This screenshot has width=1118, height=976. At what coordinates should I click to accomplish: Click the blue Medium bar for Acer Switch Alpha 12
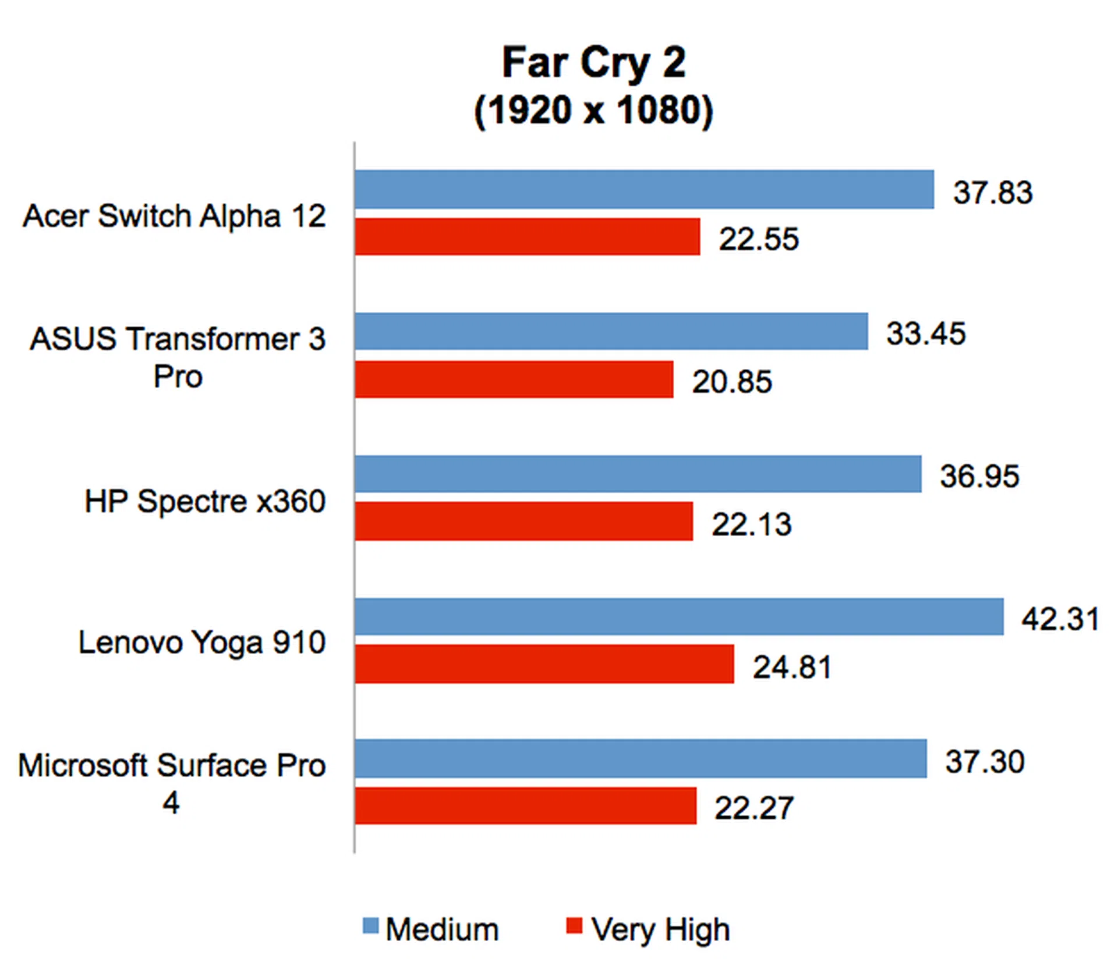[644, 189]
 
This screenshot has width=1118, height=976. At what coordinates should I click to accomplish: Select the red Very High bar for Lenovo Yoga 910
[544, 663]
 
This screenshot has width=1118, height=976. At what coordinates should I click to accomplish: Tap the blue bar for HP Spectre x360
[638, 474]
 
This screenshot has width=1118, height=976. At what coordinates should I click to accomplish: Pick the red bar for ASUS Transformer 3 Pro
[514, 379]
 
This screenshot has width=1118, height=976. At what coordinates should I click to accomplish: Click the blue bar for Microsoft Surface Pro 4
[641, 758]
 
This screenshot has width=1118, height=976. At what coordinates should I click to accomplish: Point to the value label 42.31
[1060, 618]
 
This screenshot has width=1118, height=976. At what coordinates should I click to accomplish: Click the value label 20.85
[732, 382]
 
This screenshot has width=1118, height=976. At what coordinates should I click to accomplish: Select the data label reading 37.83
[992, 192]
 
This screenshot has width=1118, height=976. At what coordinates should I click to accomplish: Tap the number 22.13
[751, 524]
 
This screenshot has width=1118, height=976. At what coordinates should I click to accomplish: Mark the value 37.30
[985, 761]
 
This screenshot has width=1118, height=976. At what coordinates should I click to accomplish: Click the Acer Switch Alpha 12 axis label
[174, 216]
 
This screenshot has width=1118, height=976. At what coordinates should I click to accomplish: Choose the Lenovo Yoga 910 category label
[201, 643]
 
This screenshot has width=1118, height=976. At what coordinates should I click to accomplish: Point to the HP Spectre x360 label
[205, 501]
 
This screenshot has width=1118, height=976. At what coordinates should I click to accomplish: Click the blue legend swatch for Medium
[370, 926]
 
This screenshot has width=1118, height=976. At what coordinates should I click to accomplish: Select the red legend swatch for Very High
[574, 926]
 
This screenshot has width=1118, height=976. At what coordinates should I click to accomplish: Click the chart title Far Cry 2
[593, 62]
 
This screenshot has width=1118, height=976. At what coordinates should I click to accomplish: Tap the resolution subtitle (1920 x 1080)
[593, 110]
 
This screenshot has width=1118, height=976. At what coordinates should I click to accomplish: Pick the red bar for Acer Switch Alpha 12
[528, 237]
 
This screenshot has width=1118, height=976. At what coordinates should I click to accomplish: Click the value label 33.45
[926, 333]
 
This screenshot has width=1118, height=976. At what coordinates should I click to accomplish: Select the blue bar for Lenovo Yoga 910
[679, 616]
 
